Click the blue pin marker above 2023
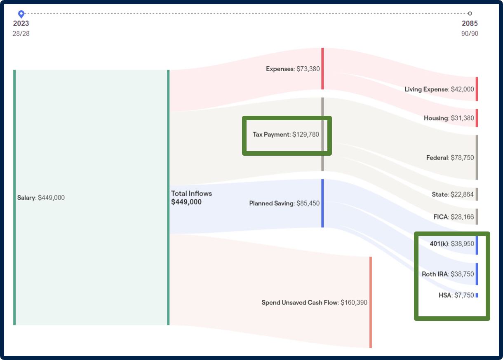(21, 14)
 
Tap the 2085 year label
(470, 23)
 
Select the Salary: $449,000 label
(41, 198)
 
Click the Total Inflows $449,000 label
(191, 198)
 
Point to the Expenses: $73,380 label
(293, 69)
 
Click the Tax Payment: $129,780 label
(286, 134)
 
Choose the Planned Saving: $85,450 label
(284, 203)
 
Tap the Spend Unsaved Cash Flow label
(314, 303)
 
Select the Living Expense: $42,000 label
(439, 89)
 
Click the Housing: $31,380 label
(449, 118)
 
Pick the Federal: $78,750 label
(450, 158)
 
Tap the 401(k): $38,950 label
(452, 243)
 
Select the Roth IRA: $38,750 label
(448, 274)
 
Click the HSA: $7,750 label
(456, 295)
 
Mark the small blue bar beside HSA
(477, 295)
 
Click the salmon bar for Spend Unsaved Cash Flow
(371, 302)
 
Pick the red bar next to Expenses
(322, 69)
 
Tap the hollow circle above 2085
(470, 14)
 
